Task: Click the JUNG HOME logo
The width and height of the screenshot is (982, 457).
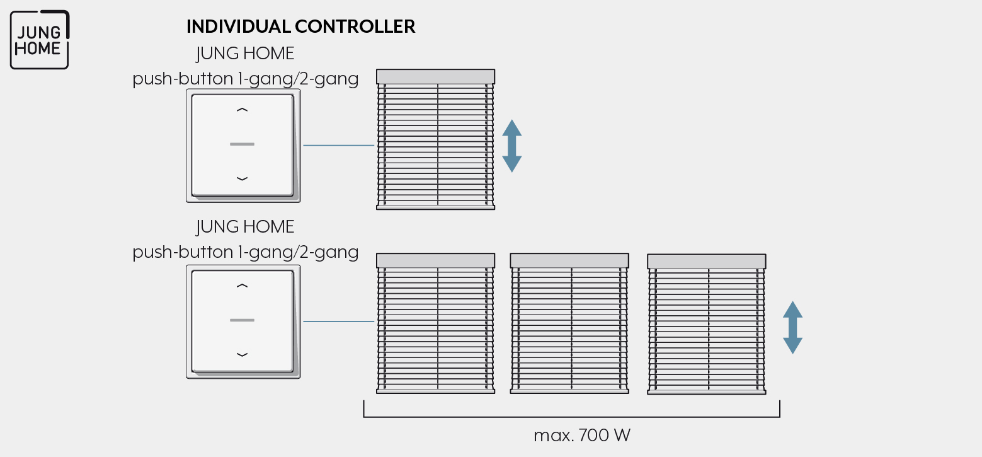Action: (x=40, y=40)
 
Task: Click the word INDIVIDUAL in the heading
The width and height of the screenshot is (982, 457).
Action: (x=239, y=26)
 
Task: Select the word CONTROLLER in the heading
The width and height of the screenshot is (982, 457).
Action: (x=355, y=26)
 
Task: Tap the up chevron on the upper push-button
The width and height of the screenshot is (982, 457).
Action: (x=242, y=110)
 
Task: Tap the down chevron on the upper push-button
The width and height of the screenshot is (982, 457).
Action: (x=242, y=178)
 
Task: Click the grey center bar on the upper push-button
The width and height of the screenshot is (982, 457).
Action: (x=242, y=144)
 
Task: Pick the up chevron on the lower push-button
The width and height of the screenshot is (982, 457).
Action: (x=242, y=286)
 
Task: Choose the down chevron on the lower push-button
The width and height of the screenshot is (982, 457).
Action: (x=242, y=354)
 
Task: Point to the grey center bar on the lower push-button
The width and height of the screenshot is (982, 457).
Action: (x=242, y=320)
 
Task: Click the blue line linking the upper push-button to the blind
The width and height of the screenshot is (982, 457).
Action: (x=338, y=145)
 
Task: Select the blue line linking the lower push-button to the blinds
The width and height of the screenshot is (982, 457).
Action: (x=338, y=321)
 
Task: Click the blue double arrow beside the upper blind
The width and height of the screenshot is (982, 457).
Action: (x=511, y=146)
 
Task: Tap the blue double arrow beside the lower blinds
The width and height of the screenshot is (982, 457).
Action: (x=792, y=328)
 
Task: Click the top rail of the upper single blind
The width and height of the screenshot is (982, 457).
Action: (x=436, y=77)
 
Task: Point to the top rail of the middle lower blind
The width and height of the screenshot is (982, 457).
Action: (x=569, y=260)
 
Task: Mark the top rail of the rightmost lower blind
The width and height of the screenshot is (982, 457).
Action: (x=707, y=262)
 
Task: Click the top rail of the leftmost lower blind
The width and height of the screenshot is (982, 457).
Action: (x=436, y=260)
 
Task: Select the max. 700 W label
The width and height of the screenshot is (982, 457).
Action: (x=582, y=436)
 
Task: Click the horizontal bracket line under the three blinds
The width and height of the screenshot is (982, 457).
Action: (x=572, y=417)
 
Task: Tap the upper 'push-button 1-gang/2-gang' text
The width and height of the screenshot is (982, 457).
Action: (x=246, y=79)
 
